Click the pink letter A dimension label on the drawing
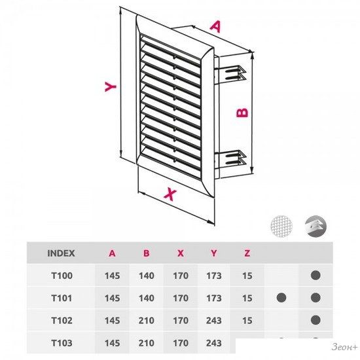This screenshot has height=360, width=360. click(x=215, y=27)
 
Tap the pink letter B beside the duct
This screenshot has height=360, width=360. click(x=242, y=113)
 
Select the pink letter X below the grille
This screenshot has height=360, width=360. click(x=170, y=194)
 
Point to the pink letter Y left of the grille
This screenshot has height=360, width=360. click(x=111, y=86)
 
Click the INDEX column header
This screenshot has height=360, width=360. click(x=61, y=253)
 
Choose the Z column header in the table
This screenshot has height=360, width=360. click(x=247, y=253)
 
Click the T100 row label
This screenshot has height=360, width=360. click(x=62, y=276)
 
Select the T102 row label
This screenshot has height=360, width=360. click(x=62, y=321)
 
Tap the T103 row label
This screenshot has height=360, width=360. click(x=62, y=343)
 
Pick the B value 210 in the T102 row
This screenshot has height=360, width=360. click(x=146, y=321)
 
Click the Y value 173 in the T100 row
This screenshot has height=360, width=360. click(x=214, y=276)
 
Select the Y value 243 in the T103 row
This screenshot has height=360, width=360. click(x=214, y=343)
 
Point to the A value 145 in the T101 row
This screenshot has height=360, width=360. click(x=113, y=298)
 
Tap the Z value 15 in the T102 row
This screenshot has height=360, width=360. click(x=247, y=321)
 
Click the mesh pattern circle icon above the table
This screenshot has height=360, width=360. click(x=281, y=226)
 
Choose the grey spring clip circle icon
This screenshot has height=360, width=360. click(x=315, y=226)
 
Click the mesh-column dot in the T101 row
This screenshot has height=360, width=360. click(x=281, y=298)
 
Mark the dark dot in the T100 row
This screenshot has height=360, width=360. click(x=315, y=276)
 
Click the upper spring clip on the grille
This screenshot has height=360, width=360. click(x=231, y=73)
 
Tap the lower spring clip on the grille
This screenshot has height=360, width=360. click(x=231, y=158)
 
